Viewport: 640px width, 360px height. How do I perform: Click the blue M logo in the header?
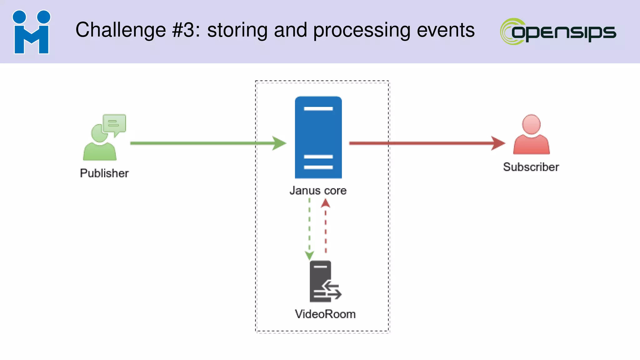coord(31,32)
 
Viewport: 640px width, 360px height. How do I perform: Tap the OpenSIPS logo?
coord(558,32)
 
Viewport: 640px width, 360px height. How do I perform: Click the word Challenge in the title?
coord(121,30)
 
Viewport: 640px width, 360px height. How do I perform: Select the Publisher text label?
coord(104,173)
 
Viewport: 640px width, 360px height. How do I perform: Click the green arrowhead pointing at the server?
coord(279,143)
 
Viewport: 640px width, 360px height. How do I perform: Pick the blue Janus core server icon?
coord(318,137)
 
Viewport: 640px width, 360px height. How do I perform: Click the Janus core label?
coord(318,190)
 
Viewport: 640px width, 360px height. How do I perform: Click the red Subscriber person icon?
coord(531,135)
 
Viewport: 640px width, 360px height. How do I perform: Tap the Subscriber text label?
coord(531,167)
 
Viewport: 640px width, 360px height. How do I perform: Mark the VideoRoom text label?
coord(325,314)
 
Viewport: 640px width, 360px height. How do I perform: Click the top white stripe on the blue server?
coord(318,108)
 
